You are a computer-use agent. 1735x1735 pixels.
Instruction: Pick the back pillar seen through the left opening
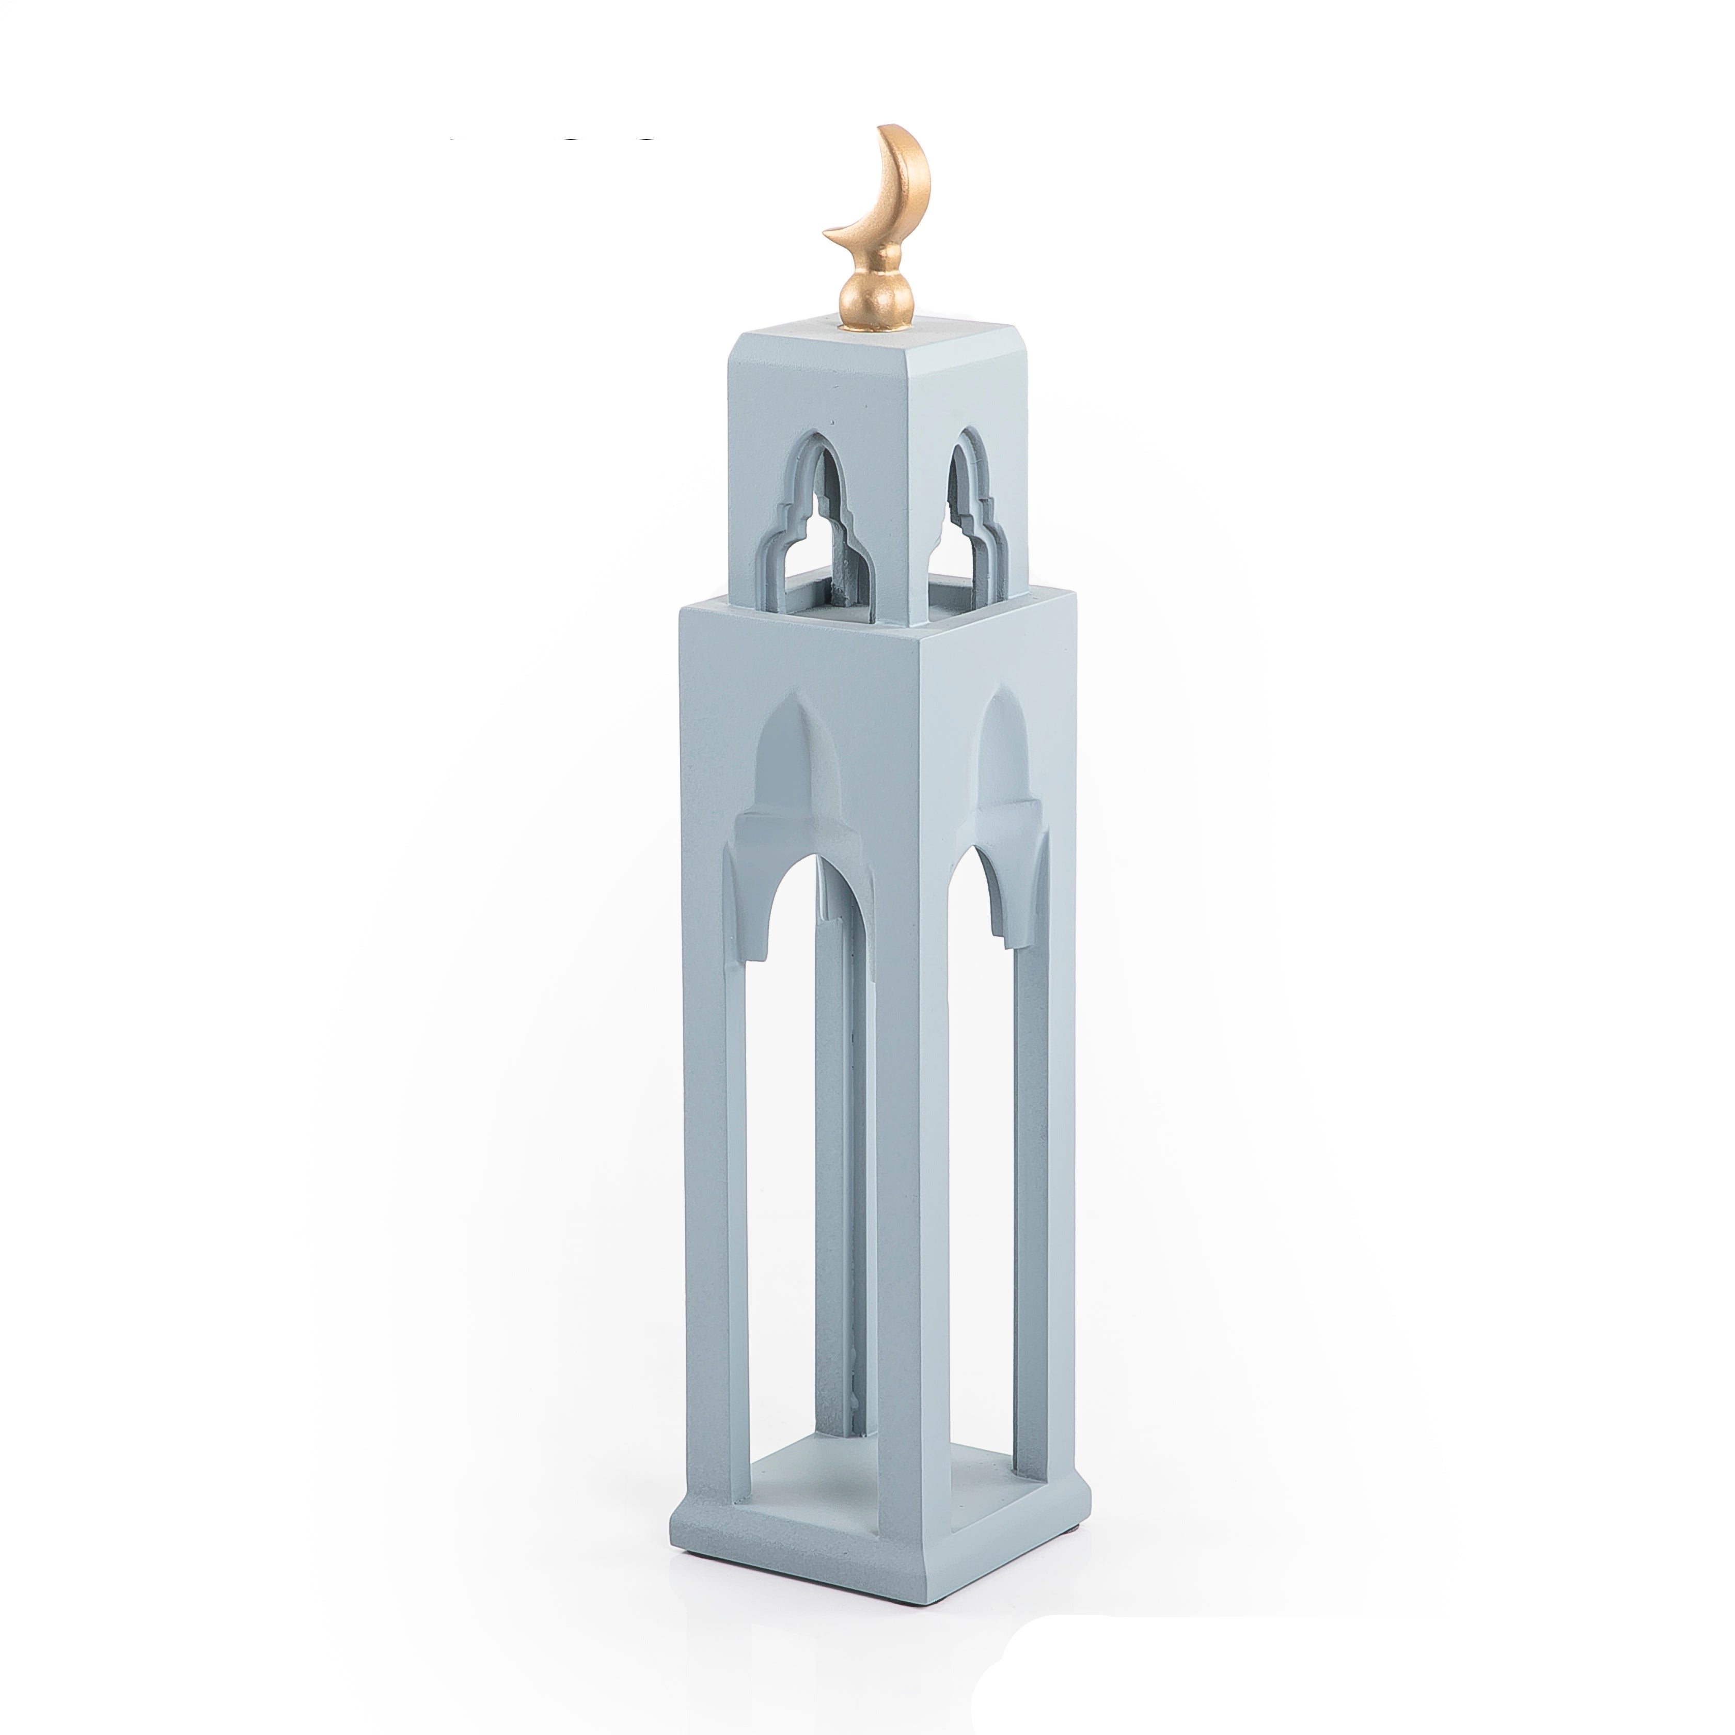[x=831, y=1168]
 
